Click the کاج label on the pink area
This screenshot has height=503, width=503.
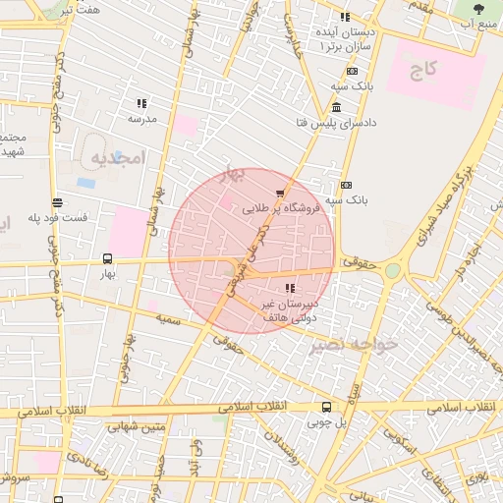(423, 70)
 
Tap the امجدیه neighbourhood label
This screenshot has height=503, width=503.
(117, 157)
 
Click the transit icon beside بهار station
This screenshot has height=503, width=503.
(107, 258)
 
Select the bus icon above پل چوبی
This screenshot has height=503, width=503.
(326, 407)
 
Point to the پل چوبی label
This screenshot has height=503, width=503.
(326, 422)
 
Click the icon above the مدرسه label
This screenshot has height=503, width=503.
(142, 103)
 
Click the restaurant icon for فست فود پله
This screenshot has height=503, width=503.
(58, 202)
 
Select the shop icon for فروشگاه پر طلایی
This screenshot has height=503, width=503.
(281, 193)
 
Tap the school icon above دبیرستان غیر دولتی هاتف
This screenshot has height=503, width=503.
(289, 288)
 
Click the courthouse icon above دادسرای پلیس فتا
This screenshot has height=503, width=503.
(336, 107)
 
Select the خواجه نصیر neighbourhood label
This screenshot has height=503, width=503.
(353, 345)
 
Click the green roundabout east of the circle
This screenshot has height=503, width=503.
(393, 269)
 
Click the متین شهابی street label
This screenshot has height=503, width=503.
(140, 426)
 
